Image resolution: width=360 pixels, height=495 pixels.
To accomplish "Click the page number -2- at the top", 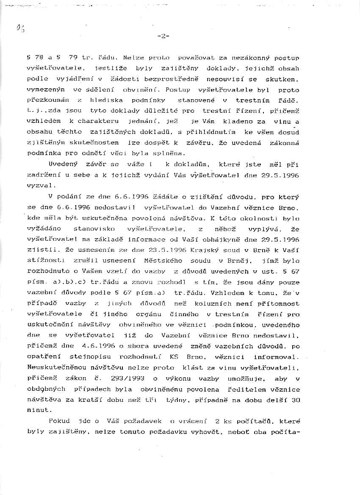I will pos(163,36).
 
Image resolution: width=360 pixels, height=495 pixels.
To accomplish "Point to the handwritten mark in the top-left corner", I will pos(20,29).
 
